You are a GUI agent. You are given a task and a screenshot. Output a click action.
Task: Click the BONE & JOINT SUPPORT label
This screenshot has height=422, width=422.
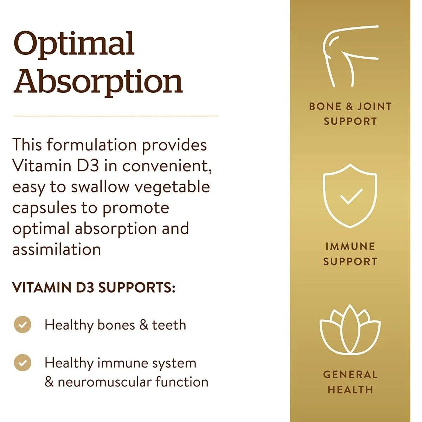(350, 114)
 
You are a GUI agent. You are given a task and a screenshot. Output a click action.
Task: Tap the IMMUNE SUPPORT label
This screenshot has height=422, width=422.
(350, 254)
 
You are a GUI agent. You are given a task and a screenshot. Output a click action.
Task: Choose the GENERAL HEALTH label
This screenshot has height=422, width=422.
(350, 382)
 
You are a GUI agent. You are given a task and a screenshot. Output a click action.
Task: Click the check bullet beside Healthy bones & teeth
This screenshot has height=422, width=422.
(23, 324)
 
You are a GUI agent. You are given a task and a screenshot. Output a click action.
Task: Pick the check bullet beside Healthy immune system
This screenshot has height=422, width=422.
(23, 363)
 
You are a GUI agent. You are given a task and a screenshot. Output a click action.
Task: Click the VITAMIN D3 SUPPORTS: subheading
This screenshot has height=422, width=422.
(94, 287)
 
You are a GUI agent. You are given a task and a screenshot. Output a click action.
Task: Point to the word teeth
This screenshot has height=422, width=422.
(169, 325)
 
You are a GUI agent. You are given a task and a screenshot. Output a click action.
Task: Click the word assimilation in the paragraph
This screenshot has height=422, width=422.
(57, 249)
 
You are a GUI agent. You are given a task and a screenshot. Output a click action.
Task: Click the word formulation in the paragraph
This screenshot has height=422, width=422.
(92, 145)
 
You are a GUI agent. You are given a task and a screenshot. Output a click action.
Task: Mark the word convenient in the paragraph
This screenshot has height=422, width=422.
(167, 166)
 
